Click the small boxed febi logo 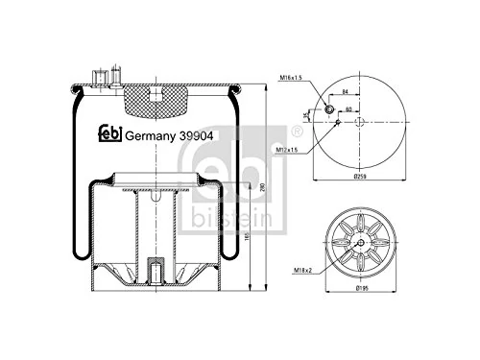(x=111, y=133)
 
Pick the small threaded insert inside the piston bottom (x=153, y=266)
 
